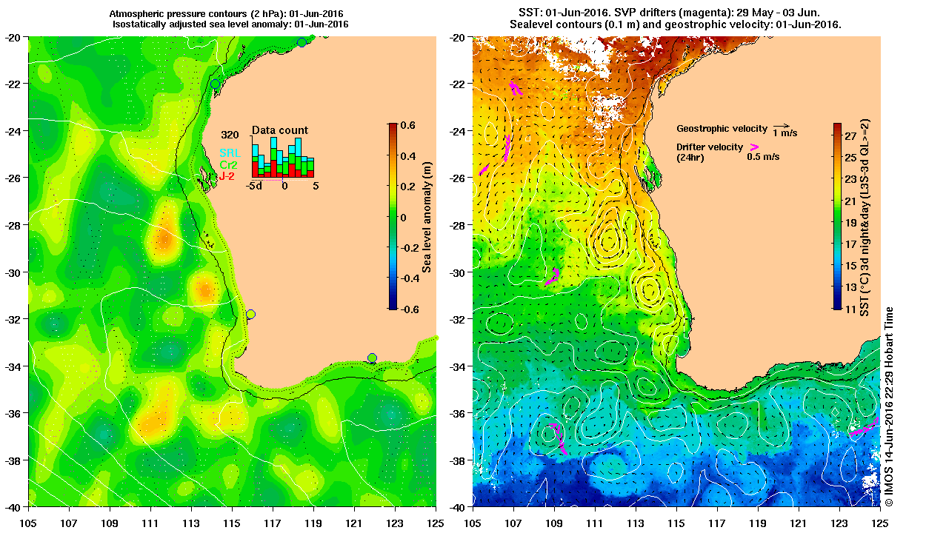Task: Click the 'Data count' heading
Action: pos(279,130)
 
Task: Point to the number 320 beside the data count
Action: pos(230,135)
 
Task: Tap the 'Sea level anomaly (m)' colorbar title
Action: pos(427,216)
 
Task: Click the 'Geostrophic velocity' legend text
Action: pos(721,129)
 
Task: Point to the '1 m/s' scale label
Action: pos(785,133)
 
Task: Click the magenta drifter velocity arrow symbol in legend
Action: pos(753,147)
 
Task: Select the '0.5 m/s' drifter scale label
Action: pos(762,157)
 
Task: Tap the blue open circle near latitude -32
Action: pos(250,315)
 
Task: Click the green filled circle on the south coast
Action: pos(372,358)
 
